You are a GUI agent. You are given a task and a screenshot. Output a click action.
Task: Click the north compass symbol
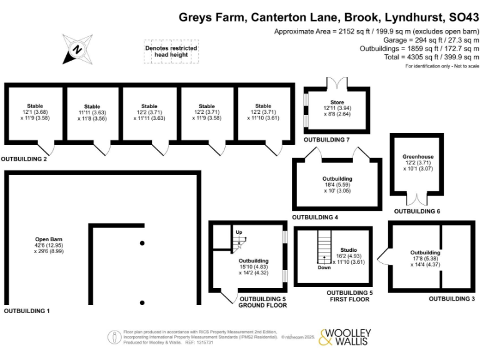point(77,49)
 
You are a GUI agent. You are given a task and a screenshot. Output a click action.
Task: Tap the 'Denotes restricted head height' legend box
point(171,51)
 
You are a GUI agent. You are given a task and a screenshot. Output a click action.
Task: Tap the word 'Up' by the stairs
point(239,232)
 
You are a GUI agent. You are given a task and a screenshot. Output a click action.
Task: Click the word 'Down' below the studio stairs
point(324,267)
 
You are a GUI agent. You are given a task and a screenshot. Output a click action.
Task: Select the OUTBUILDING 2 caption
point(24,159)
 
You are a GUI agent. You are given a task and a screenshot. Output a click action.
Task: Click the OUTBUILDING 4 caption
point(315,217)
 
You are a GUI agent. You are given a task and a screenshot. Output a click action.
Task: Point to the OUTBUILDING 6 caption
point(417,212)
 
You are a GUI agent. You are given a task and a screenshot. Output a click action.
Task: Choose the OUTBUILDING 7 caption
point(326,140)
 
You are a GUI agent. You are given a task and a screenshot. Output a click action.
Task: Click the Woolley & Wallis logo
point(345,337)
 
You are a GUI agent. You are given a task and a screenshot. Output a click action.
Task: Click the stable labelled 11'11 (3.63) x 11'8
point(92,112)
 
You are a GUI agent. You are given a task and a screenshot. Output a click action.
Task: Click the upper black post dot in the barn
point(142,242)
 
